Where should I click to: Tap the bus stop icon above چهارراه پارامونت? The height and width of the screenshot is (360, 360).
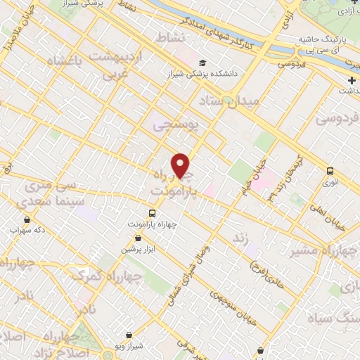[x=153, y=213]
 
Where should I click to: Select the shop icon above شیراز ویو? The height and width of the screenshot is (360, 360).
[x=128, y=335]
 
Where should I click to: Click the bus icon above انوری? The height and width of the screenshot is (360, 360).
[x=330, y=171]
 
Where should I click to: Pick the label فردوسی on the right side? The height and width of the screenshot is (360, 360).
[x=336, y=119]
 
